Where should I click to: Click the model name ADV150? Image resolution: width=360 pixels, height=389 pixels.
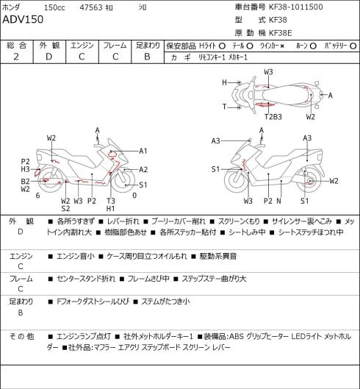coord(23,19)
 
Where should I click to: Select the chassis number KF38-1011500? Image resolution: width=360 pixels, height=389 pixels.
coord(296,7)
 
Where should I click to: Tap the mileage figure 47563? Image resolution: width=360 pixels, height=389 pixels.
coord(91,7)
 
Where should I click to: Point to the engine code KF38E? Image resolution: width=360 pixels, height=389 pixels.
coord(281,33)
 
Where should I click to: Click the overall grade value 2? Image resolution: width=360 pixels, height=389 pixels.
coord(16,57)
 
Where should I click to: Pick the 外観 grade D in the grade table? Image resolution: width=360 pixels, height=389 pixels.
coord(48,57)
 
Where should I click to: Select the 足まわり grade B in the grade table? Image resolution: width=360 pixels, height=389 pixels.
coord(147,57)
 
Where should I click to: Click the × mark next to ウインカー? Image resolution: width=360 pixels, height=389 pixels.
coord(282,46)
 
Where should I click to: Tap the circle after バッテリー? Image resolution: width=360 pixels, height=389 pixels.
coord(353,46)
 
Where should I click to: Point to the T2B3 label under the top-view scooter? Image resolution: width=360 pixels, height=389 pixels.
coord(273,117)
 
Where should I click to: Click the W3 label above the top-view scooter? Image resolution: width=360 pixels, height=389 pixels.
coord(268,72)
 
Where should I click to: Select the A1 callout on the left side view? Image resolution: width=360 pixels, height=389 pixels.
coord(143,151)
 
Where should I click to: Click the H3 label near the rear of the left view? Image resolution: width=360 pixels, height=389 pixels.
coord(25,169)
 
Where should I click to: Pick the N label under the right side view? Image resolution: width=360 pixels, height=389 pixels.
coord(278,201)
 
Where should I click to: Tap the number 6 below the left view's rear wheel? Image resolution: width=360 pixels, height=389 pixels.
coord(37,196)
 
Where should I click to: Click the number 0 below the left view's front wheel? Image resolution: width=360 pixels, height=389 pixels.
coord(134,196)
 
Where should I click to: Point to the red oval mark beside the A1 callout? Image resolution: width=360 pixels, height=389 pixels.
coord(112,154)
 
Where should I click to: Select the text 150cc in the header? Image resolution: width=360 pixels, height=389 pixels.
coord(54,7)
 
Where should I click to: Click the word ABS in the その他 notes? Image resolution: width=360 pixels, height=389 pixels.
coord(237,336)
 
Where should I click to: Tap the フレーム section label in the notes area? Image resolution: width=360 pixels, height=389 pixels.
coord(21,279)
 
